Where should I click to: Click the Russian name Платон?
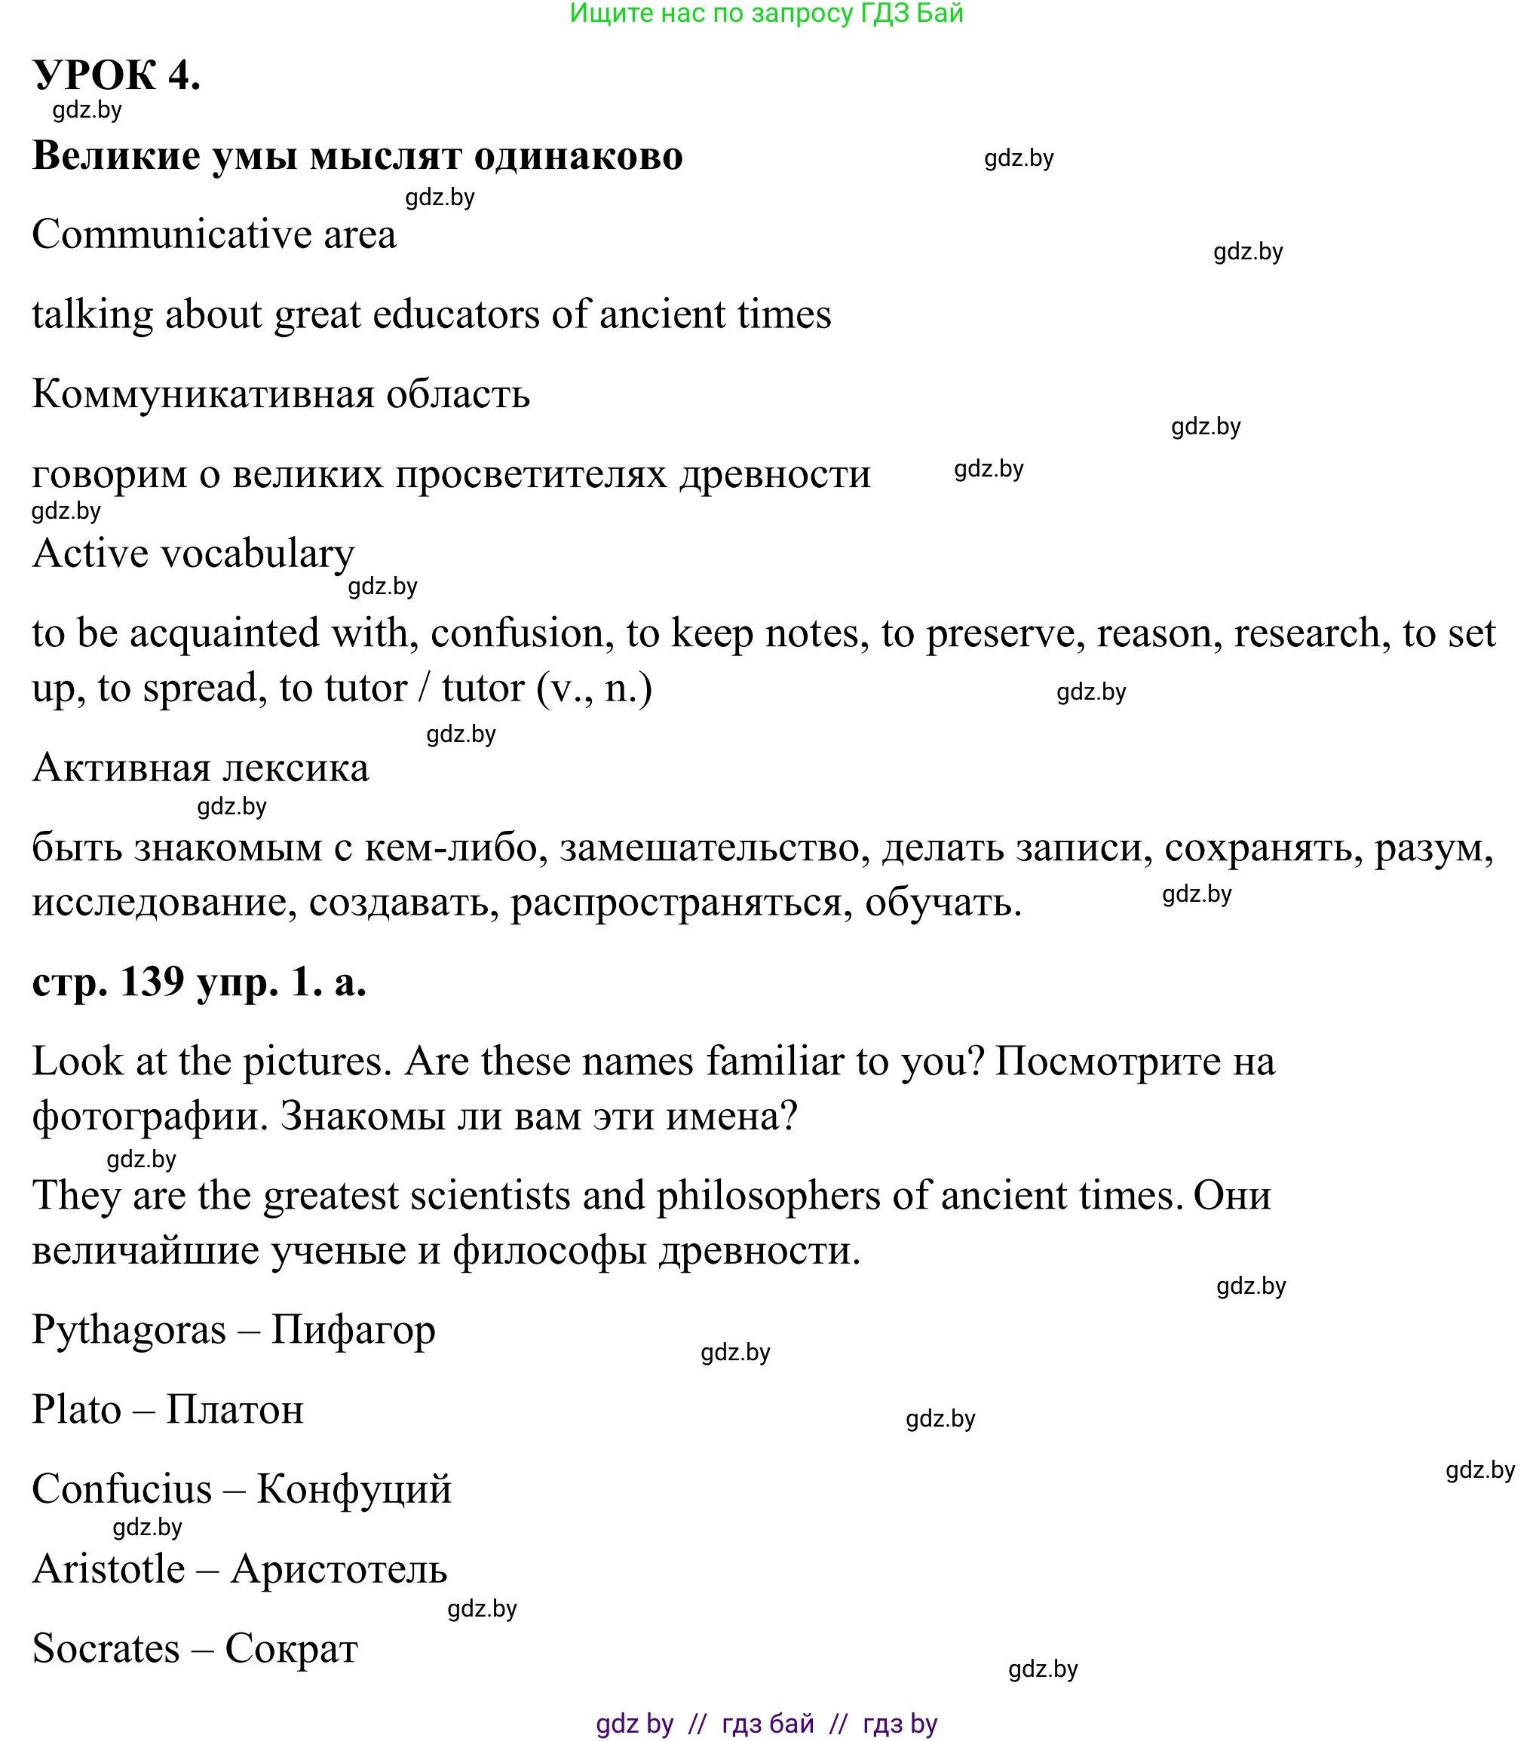235,1410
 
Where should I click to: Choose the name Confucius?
122,1490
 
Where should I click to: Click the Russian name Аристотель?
339,1569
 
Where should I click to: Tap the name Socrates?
106,1649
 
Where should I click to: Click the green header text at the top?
766,14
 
